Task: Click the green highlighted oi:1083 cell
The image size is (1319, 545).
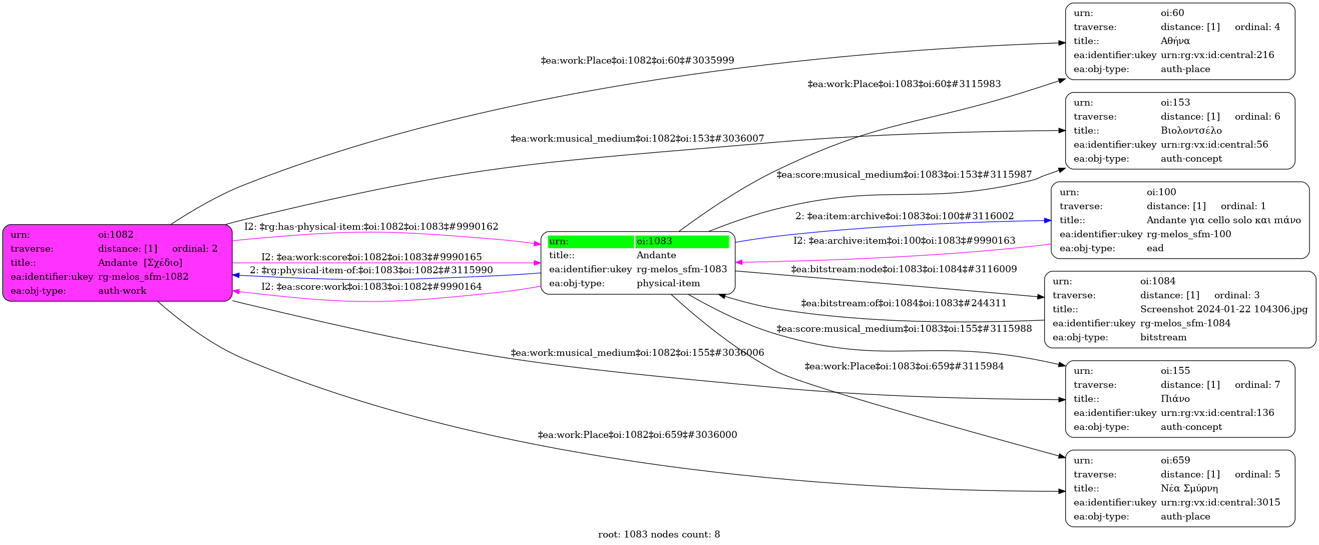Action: pos(681,242)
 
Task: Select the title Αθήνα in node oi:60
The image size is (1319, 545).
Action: pos(1175,41)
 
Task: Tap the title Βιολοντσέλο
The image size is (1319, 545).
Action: pos(1191,131)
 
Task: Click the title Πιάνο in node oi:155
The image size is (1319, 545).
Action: pos(1175,399)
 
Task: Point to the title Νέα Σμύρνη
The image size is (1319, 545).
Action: pos(1189,488)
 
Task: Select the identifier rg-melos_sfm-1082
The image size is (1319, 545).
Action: pos(143,277)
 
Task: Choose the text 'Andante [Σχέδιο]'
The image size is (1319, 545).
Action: pos(140,263)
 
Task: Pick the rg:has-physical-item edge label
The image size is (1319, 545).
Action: pos(371,227)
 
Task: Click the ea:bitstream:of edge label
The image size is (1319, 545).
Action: pos(904,303)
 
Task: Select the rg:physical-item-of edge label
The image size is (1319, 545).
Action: pos(371,270)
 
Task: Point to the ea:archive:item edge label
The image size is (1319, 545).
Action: pos(904,241)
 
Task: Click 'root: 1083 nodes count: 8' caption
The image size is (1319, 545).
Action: pos(659,534)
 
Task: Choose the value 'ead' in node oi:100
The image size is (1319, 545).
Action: pos(1155,248)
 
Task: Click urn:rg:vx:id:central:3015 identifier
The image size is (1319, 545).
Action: pos(1220,502)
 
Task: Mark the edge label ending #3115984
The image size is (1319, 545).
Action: pos(904,366)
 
